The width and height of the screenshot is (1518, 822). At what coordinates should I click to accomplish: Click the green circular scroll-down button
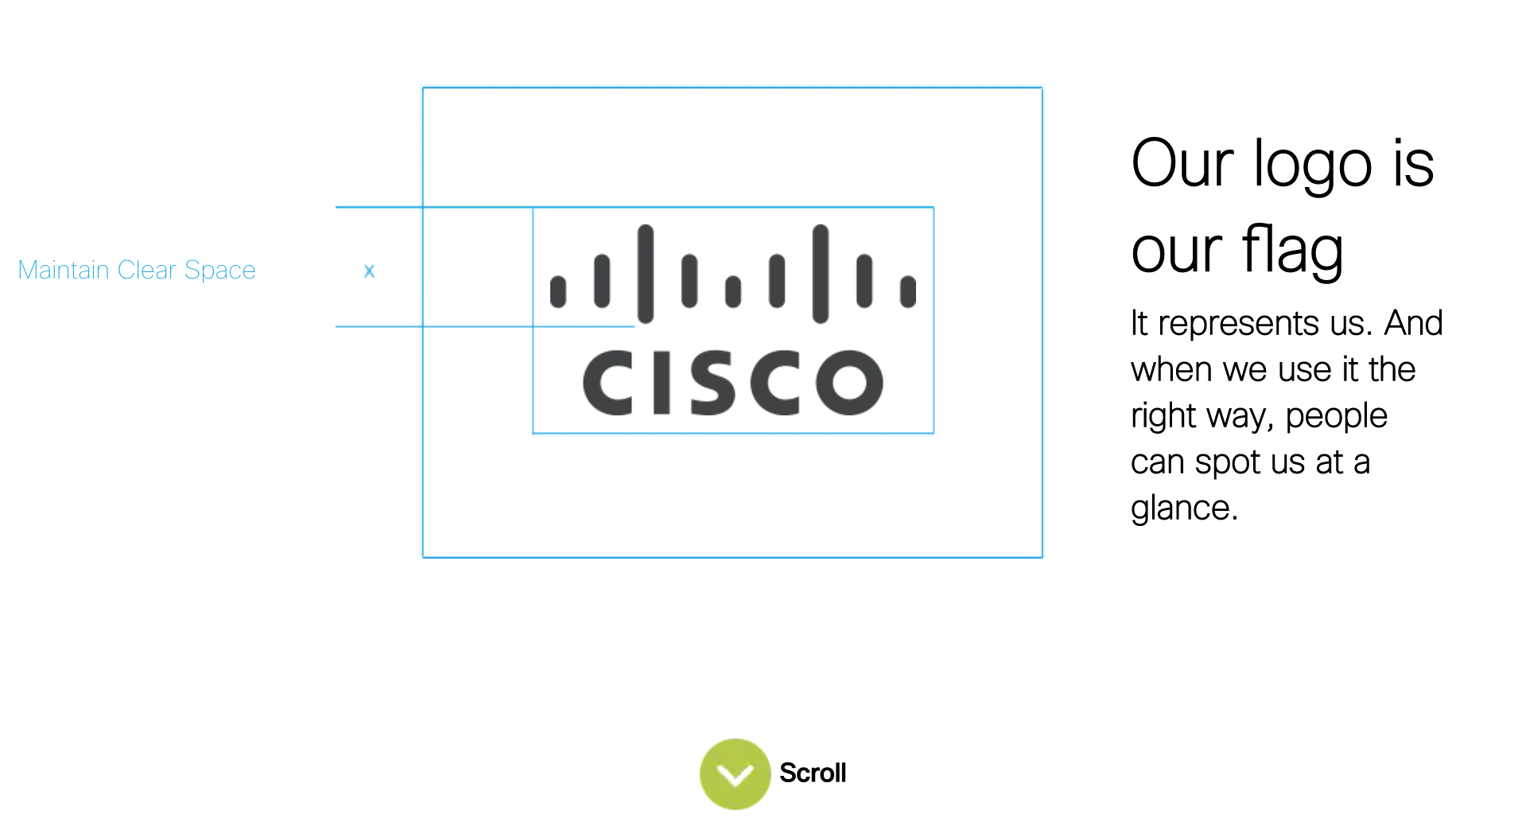point(735,773)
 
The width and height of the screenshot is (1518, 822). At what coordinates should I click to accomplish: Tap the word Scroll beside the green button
point(813,773)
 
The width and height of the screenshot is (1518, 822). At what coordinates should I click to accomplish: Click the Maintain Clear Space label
point(137,271)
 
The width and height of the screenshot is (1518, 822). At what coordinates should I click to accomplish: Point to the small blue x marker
point(369,271)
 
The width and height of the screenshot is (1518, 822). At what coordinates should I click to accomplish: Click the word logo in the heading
point(1313,166)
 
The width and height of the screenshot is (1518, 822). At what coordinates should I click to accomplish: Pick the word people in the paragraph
point(1336,416)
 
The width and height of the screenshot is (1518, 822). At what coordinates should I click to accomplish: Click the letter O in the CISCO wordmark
point(850,383)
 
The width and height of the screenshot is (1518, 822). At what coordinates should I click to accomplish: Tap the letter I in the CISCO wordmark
point(662,383)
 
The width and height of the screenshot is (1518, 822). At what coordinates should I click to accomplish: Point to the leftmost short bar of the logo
point(558,291)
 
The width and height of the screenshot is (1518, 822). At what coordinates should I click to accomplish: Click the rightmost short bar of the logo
point(908,291)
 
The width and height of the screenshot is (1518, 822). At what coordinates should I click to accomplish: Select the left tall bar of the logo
point(646,274)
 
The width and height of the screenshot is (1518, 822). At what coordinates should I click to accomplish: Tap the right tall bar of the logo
point(821,274)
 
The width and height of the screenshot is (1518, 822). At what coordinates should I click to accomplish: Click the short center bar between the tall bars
point(733,291)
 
